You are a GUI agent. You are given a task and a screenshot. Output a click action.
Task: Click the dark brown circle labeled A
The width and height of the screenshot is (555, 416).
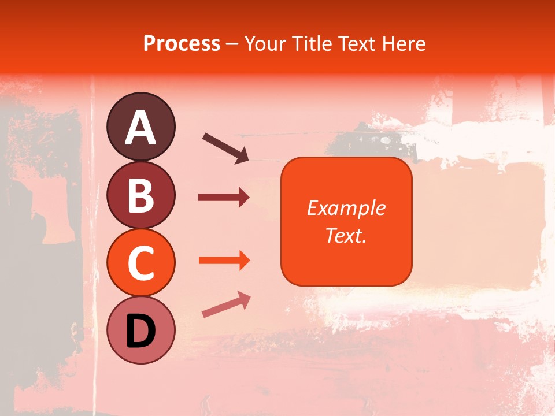coord(140,127)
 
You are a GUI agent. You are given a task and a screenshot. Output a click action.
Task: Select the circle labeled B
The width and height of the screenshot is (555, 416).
coord(140,195)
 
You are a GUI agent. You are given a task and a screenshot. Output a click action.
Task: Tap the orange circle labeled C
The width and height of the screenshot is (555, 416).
coord(140,263)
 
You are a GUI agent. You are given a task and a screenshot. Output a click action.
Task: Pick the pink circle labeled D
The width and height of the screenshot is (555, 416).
coord(140,330)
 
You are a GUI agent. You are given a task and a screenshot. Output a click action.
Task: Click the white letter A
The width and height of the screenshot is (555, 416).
coord(140,128)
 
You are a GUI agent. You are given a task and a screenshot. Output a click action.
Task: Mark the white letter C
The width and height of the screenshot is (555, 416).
coord(140,263)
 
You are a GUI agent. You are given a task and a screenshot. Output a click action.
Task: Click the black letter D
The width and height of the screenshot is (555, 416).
coord(140,331)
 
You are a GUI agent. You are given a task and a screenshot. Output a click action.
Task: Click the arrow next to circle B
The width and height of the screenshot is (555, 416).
coord(224,198)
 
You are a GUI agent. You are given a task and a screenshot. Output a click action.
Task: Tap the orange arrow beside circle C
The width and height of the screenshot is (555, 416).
coord(224,261)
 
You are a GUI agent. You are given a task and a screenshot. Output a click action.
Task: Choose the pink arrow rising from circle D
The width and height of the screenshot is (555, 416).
coord(226,304)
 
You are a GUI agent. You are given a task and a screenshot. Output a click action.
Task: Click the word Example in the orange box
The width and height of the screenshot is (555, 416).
coord(346,208)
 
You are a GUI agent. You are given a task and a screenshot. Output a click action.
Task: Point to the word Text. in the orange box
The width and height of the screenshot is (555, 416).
coord(346,235)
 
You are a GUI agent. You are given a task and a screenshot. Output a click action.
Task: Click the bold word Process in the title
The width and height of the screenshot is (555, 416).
coord(182,43)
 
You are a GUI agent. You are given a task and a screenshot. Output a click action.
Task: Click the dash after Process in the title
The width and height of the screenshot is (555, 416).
coord(232,44)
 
